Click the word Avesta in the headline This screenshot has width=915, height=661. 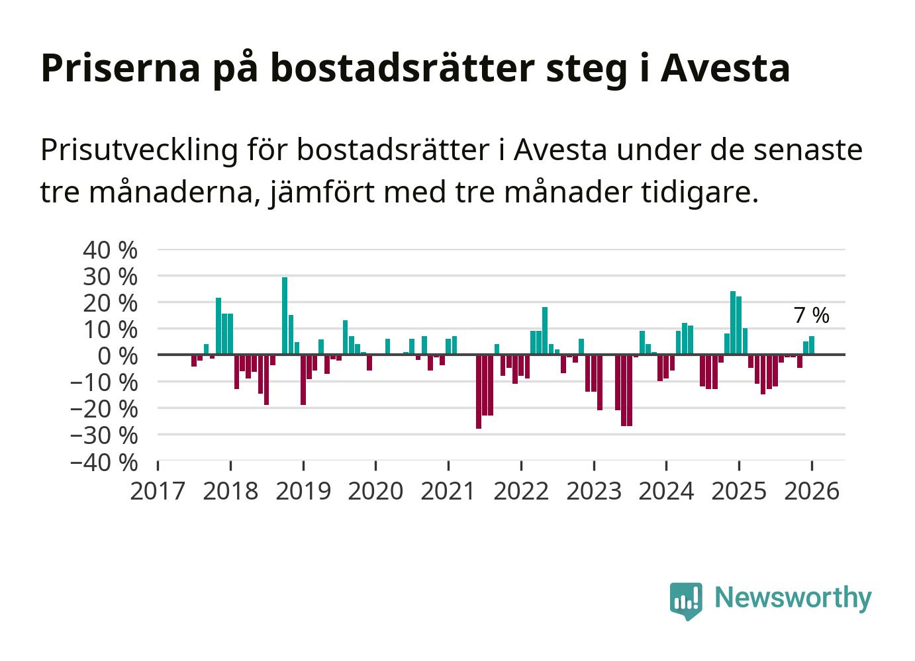click(725, 67)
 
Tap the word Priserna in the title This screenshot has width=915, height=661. click(120, 67)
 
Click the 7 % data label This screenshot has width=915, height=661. click(811, 316)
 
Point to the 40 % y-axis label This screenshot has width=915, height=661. click(110, 250)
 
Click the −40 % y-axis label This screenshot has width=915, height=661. click(104, 462)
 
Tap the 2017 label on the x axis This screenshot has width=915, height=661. click(158, 492)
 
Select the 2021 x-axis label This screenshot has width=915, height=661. click(448, 492)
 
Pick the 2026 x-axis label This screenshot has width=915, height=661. click(812, 492)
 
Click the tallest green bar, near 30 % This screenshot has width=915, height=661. click(285, 316)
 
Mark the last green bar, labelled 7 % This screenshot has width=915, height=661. click(812, 345)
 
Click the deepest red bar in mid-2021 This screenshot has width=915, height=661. click(479, 392)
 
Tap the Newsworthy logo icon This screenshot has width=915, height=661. click(685, 600)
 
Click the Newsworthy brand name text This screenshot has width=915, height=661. click(793, 597)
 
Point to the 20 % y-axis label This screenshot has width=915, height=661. click(110, 303)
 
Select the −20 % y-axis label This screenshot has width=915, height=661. click(104, 409)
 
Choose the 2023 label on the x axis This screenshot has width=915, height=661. click(594, 492)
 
